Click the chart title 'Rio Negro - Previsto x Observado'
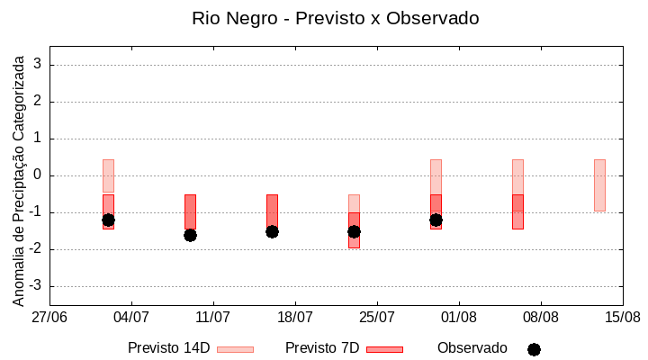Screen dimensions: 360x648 [336, 18]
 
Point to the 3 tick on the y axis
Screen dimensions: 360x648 [39, 65]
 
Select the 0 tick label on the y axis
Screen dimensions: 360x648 [39, 175]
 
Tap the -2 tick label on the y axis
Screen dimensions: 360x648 [35, 249]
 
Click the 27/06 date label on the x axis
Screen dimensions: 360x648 [49, 318]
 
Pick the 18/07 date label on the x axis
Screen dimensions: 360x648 [295, 318]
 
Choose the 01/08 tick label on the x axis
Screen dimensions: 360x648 [459, 318]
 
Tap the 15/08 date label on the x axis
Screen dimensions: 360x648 [623, 318]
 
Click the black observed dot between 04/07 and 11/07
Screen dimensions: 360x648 [190, 235]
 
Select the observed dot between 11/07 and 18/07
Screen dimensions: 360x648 [272, 231]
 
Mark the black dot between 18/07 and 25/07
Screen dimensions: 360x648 [354, 231]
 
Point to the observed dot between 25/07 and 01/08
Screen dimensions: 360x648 [436, 220]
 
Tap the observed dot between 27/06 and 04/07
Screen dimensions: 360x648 [108, 220]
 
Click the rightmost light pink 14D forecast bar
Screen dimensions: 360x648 [599, 184]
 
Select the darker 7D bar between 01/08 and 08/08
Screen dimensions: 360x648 [517, 212]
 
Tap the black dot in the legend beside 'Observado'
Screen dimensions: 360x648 [534, 349]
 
